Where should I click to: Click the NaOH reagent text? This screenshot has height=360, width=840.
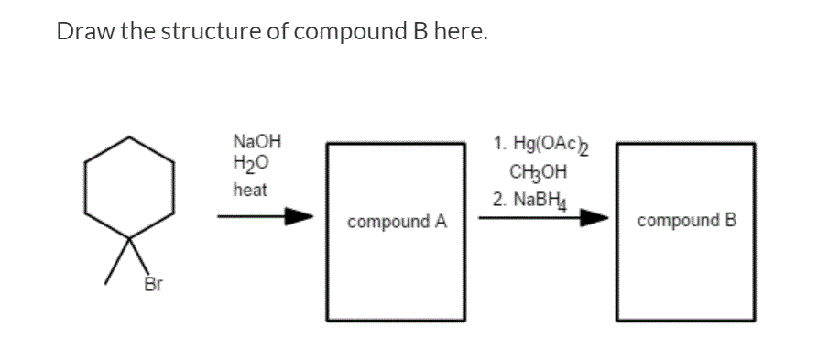[x=257, y=143]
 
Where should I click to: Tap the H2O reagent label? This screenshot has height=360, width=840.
[x=251, y=165]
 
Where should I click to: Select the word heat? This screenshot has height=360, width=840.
[x=250, y=190]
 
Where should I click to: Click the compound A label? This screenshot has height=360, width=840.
[x=397, y=221]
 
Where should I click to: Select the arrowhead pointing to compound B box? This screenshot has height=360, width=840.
[x=595, y=218]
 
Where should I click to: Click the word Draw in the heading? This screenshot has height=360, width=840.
[x=82, y=32]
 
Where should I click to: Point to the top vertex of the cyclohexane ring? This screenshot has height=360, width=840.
[x=130, y=137]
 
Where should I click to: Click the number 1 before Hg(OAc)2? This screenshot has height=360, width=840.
[x=496, y=145]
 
